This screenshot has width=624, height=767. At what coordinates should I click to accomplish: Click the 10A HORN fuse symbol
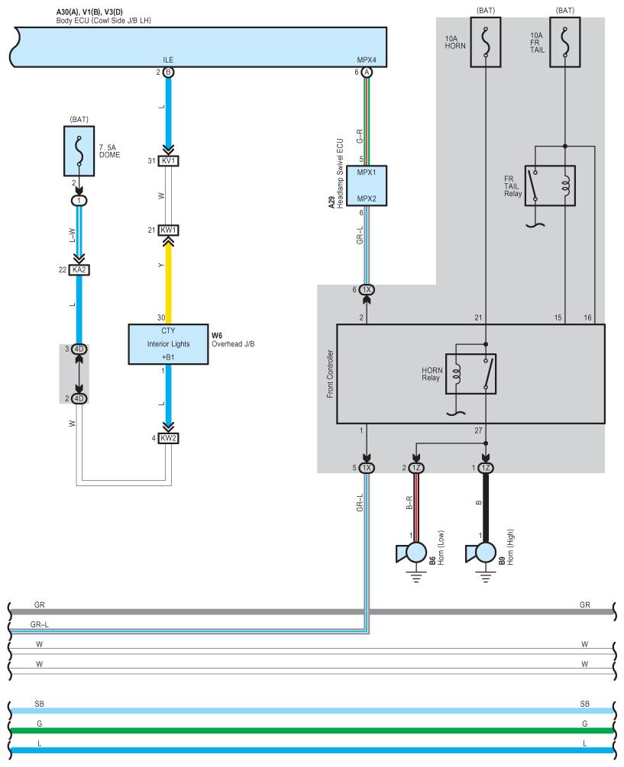tap(486, 42)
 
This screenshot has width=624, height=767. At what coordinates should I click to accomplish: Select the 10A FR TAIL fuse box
tap(564, 42)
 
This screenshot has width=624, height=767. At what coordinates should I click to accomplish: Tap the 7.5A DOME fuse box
tap(79, 151)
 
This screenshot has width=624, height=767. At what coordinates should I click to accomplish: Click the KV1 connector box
tap(168, 161)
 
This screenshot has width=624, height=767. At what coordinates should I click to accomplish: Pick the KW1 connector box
tap(168, 230)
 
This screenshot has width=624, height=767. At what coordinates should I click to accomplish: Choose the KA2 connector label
tap(79, 269)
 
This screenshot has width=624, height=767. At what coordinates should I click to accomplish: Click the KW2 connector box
tap(168, 438)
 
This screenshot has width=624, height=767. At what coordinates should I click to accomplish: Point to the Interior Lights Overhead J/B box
tap(168, 344)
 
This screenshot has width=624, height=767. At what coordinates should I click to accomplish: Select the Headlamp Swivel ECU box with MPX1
tap(367, 186)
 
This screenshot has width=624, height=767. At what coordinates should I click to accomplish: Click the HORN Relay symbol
tap(470, 374)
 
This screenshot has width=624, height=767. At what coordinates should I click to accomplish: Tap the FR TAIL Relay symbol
tap(550, 186)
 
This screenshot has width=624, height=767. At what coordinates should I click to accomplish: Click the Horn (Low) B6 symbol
tap(412, 553)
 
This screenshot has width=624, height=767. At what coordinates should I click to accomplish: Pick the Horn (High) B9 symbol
tap(482, 553)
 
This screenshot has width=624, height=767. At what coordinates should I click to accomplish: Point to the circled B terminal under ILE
tap(168, 73)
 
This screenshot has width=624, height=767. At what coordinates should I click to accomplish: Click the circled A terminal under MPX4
tap(367, 73)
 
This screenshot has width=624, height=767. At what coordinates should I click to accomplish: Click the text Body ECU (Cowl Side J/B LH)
tap(104, 21)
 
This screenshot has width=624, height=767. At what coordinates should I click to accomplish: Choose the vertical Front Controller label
tap(331, 374)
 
